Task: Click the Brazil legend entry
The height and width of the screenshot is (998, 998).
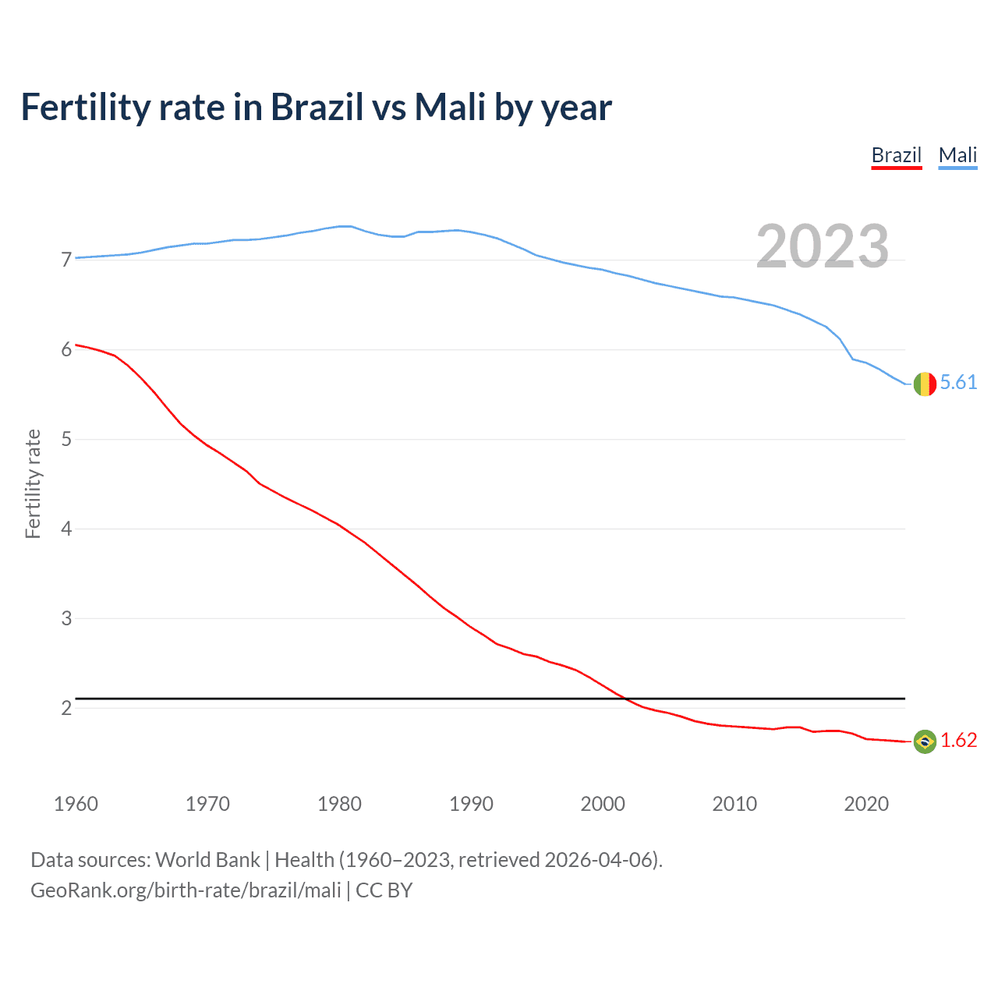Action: tap(897, 155)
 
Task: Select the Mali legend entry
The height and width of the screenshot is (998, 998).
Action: tap(957, 155)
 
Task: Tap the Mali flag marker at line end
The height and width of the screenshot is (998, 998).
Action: tap(925, 384)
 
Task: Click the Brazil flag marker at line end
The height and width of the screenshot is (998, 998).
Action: tap(925, 741)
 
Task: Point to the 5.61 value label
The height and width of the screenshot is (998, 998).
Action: tap(958, 382)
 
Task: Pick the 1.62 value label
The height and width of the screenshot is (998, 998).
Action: tap(958, 740)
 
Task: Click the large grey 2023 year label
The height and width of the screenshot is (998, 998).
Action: tap(822, 246)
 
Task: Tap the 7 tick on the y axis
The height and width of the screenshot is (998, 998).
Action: tap(66, 260)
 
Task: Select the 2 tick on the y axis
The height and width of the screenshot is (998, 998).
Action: tap(66, 708)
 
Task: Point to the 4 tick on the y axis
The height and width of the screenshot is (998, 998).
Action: tap(66, 529)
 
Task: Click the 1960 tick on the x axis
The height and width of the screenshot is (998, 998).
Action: tap(76, 804)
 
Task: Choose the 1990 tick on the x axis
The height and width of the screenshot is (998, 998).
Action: tap(471, 804)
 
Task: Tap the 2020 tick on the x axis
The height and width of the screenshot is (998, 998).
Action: tap(866, 804)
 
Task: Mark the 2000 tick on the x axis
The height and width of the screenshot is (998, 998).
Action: tap(603, 804)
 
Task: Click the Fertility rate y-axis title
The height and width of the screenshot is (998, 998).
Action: tap(33, 483)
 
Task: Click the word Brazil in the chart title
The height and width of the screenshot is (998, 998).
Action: tap(317, 107)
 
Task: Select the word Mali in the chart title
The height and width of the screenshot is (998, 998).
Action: tap(450, 107)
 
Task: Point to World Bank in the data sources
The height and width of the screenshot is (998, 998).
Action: tap(207, 860)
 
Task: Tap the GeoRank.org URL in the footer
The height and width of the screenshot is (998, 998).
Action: tap(186, 890)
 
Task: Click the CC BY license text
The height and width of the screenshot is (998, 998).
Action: tap(384, 890)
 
